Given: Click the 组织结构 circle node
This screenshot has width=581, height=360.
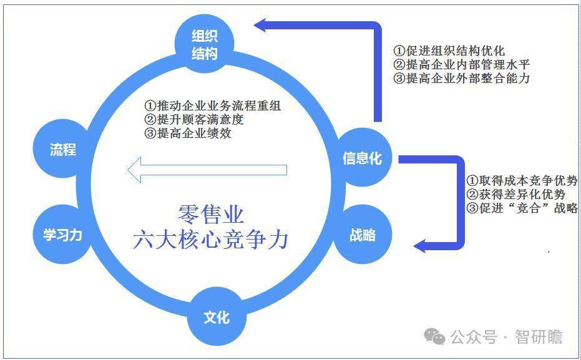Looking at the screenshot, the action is tap(204, 44).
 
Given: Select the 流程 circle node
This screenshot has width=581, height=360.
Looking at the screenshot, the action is tap(62, 149).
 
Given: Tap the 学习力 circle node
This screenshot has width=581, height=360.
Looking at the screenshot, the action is tap(62, 235).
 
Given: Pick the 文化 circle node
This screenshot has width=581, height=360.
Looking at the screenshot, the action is tap(217, 317).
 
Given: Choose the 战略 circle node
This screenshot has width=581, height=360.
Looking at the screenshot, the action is tap(363, 235).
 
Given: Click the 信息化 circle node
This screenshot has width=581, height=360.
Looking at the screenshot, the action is tap(362, 157).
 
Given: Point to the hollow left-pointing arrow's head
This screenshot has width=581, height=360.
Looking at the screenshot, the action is tap(134, 170).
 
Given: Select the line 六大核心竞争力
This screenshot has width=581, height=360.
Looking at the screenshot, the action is tap(210, 240).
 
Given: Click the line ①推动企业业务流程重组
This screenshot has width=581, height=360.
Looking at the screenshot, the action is tap(213, 106).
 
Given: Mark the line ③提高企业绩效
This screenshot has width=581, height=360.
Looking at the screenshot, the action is tap(188, 133).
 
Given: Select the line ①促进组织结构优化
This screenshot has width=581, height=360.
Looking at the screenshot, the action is tap(449, 51).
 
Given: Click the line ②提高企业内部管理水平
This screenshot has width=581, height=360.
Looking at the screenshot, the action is tap(462, 64).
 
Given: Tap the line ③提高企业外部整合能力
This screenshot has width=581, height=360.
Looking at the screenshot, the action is tap(462, 78).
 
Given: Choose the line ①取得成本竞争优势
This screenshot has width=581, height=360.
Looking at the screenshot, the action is tap(522, 181).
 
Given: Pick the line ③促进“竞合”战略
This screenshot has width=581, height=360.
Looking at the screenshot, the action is tap(522, 208).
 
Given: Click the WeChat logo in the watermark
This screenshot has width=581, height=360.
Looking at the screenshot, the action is tap(434, 336).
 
